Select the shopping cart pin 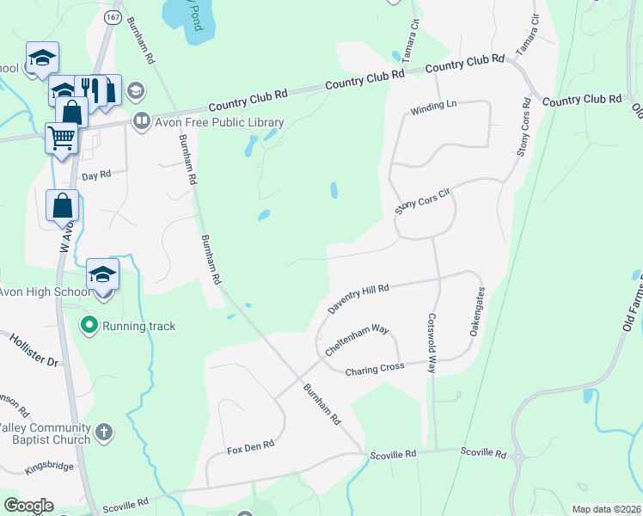[61, 138]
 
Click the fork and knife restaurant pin [90, 89]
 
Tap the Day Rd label [96, 175]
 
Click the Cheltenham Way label [357, 341]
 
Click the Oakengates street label [478, 316]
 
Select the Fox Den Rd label [249, 447]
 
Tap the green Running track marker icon [89, 326]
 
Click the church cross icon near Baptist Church [103, 432]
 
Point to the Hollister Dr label [34, 351]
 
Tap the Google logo [28, 506]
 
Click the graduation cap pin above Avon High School [102, 274]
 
